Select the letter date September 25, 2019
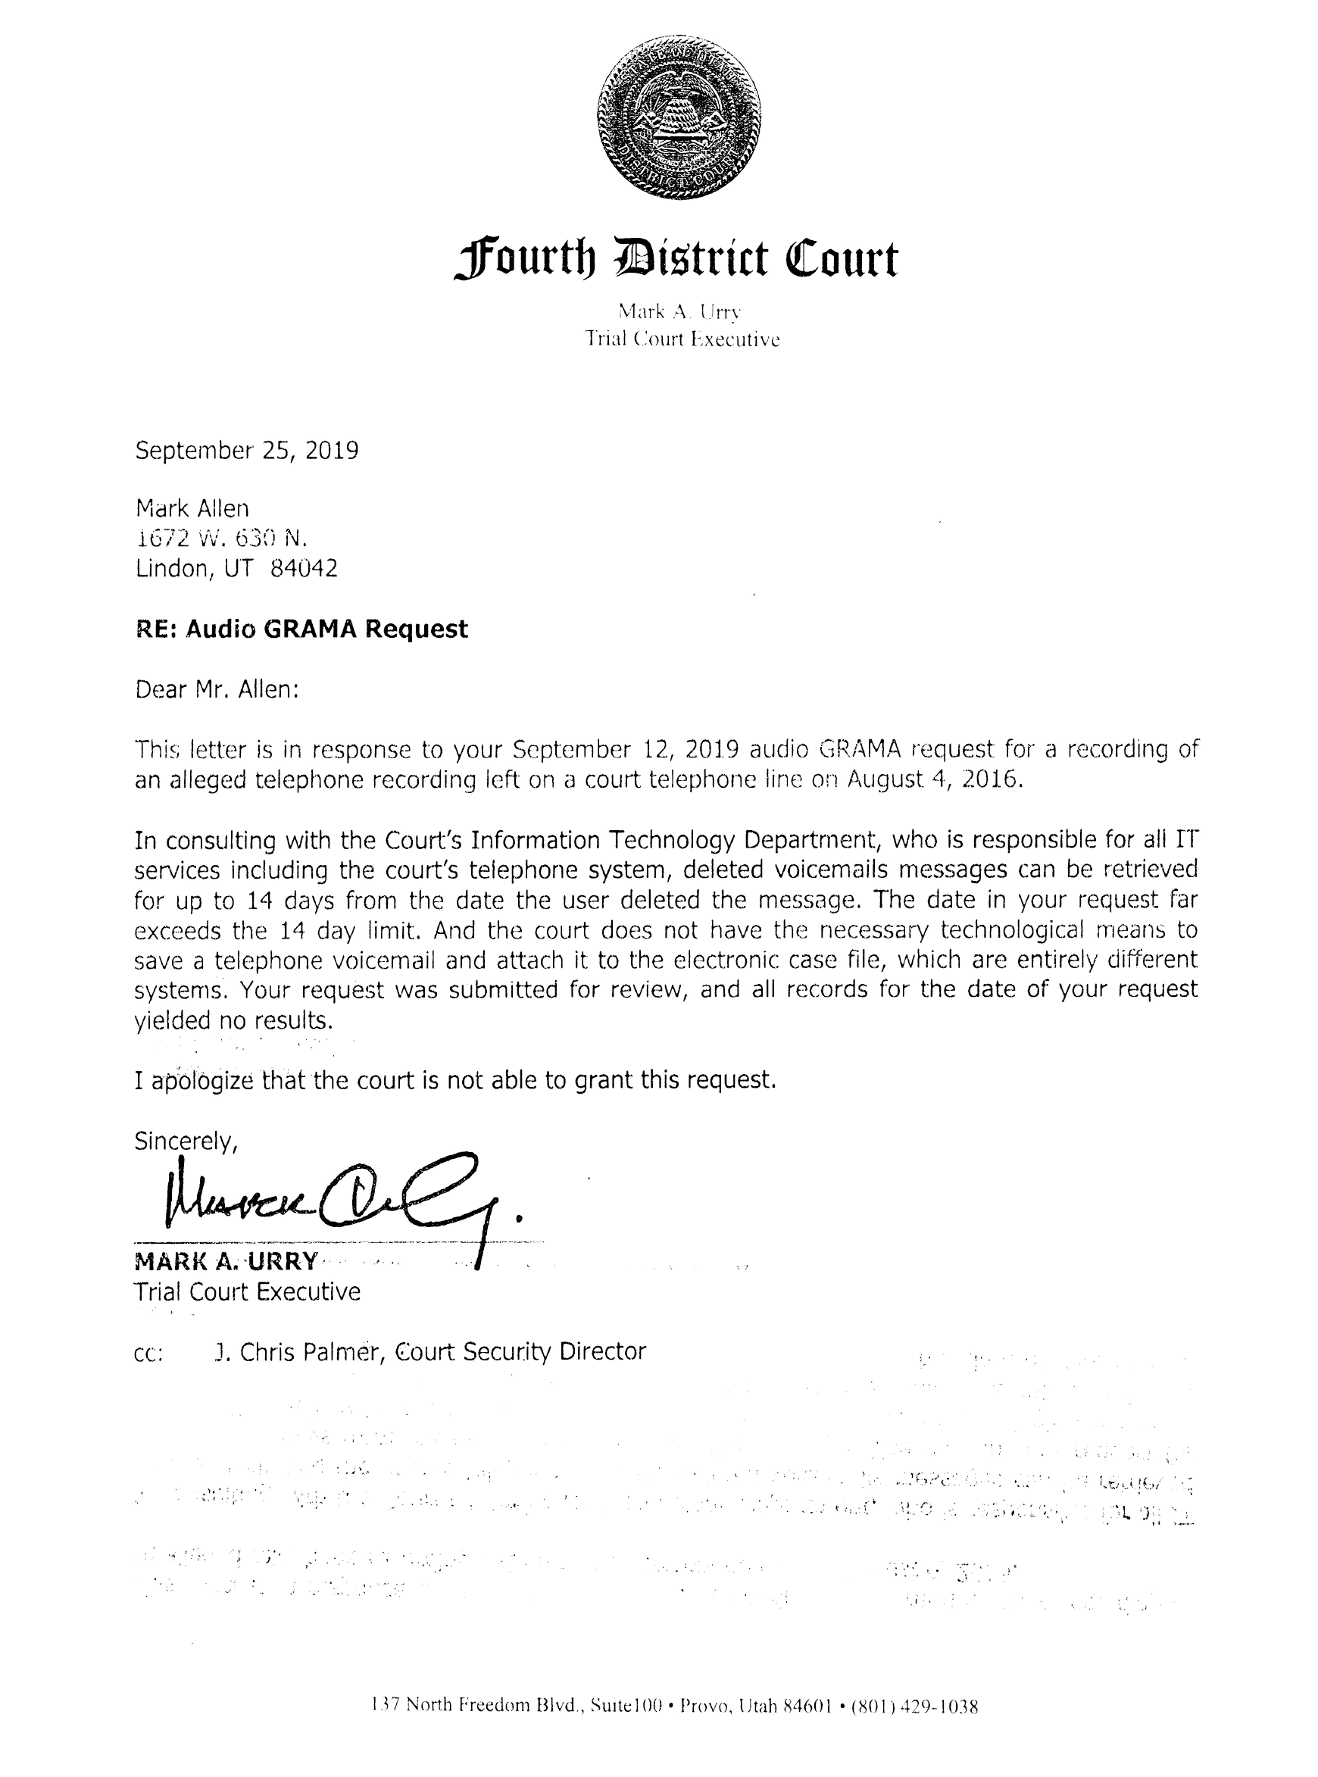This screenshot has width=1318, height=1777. tap(246, 451)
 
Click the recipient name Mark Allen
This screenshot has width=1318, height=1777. tap(192, 508)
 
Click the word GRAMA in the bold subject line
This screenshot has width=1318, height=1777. tap(311, 629)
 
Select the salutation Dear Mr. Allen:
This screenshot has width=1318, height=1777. tap(217, 689)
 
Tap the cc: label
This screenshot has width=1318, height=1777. tap(149, 1354)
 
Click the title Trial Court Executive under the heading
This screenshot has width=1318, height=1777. tap(682, 340)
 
